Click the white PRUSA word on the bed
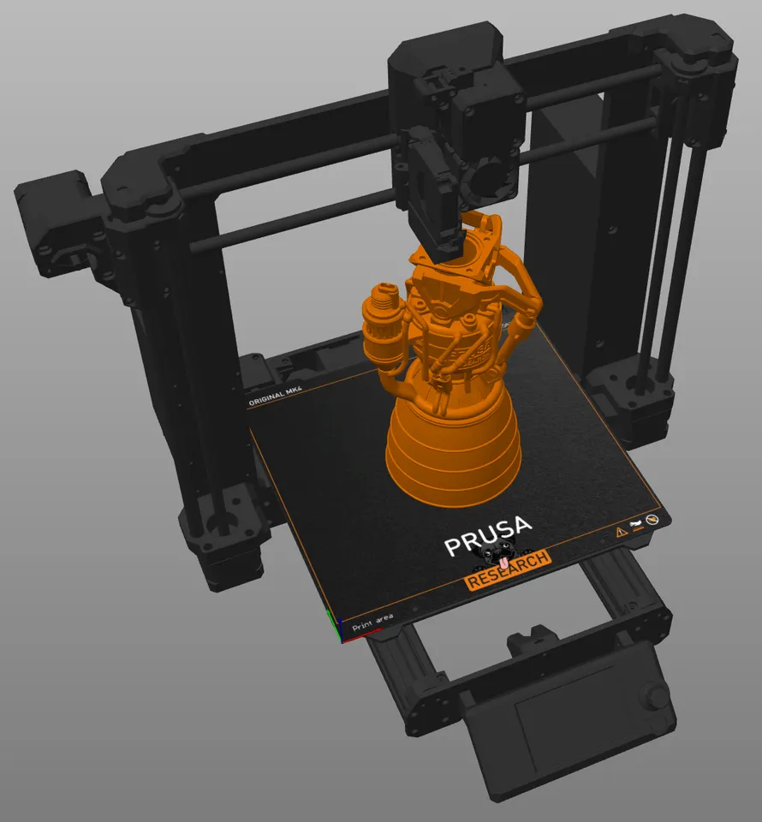click(x=488, y=539)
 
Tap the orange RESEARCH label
click(x=508, y=571)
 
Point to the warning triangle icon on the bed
click(x=622, y=532)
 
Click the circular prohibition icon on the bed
click(x=653, y=519)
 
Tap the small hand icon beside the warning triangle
click(x=636, y=525)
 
